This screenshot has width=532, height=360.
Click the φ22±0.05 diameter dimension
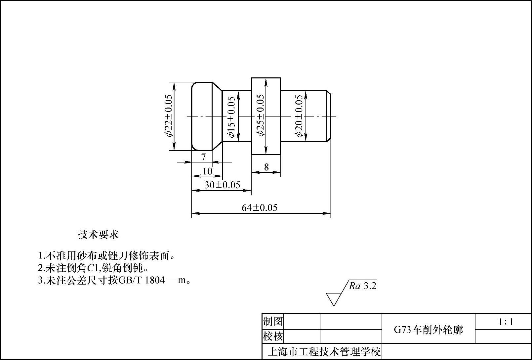(x=168, y=115)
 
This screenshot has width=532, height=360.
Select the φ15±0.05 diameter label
(x=231, y=117)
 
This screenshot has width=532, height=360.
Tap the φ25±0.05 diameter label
(x=261, y=115)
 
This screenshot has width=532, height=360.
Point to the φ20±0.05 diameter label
(x=299, y=116)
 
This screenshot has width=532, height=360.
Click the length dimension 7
(x=204, y=157)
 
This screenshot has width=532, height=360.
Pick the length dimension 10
(x=207, y=171)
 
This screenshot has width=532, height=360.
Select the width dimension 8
(x=266, y=167)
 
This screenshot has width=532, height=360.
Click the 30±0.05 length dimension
(x=222, y=185)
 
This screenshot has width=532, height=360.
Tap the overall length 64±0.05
(x=260, y=208)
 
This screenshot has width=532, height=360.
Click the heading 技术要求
(x=98, y=235)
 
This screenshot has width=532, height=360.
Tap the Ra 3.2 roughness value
(x=363, y=286)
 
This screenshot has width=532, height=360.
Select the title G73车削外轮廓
(x=428, y=330)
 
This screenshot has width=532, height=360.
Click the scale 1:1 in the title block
(x=506, y=322)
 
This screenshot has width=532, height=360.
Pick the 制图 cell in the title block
(x=273, y=321)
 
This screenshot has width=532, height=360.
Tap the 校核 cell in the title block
(x=273, y=336)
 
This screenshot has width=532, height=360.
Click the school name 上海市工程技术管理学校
(x=324, y=351)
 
